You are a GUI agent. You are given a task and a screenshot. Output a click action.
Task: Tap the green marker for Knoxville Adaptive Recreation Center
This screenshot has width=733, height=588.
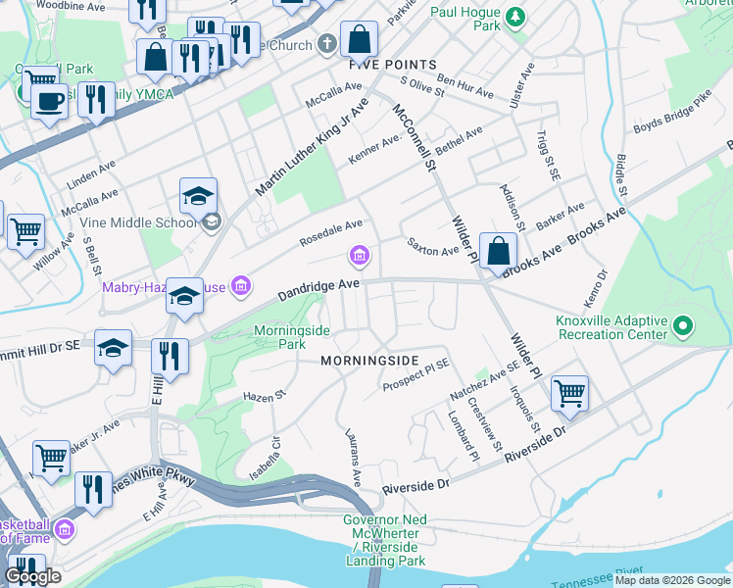[684, 324]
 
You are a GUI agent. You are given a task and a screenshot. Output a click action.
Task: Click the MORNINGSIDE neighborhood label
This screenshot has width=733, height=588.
[370, 361]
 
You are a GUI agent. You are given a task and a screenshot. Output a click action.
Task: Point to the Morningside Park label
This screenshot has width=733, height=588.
[292, 337]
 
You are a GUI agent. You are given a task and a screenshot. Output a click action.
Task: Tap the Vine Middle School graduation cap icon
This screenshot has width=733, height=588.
[198, 195]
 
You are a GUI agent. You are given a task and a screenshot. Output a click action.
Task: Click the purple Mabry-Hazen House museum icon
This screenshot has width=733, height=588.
[241, 286]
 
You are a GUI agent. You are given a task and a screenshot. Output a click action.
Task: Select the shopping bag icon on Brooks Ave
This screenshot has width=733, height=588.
[499, 250]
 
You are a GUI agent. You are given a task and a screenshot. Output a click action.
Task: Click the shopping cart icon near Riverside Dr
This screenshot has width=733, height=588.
[569, 393]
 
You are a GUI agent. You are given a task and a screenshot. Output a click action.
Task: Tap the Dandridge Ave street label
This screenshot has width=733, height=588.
[319, 286]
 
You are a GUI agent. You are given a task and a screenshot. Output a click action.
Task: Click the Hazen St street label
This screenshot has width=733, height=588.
[263, 396]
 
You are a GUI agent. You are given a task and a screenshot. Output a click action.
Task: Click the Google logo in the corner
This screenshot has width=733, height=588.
[31, 576]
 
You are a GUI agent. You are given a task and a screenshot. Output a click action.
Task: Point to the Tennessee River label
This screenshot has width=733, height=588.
[646, 570]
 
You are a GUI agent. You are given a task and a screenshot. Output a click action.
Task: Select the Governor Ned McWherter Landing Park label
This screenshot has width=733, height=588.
[385, 540]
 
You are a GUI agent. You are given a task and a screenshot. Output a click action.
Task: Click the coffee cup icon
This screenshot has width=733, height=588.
[49, 100]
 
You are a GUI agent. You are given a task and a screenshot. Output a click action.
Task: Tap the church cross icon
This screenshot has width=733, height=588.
[327, 45]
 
